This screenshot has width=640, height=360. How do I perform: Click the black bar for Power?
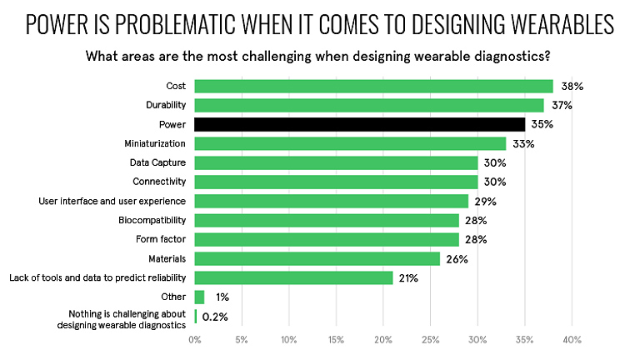coord(360,124)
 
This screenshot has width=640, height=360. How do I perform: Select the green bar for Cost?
coord(373,86)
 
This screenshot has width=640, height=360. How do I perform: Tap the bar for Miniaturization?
coord(350,143)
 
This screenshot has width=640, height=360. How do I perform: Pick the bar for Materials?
coord(317,258)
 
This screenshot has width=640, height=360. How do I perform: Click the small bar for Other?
coord(199,297)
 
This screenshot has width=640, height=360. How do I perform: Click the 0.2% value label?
coord(215,317)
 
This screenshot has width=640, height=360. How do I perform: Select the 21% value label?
coord(408,277)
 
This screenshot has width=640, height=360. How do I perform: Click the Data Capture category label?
coord(157,162)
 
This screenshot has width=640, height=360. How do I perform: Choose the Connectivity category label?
coord(159,182)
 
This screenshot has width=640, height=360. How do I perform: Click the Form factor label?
coord(161,239)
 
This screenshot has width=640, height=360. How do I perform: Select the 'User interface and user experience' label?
coord(112,201)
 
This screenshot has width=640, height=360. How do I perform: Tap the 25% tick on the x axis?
coord(431,340)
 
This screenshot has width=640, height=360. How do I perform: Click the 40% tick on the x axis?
coord(572,340)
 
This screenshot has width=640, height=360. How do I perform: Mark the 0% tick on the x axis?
coord(195,340)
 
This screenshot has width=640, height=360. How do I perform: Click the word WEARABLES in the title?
coord(557,25)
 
